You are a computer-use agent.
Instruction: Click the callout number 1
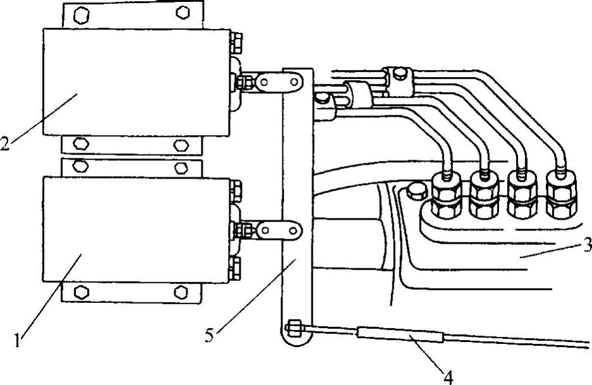click(x=20, y=341)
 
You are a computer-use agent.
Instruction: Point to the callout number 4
click(x=448, y=377)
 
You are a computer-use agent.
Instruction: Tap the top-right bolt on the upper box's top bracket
click(x=183, y=12)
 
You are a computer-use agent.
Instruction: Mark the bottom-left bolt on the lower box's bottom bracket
click(x=81, y=292)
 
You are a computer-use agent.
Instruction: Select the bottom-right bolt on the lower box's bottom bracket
click(x=181, y=292)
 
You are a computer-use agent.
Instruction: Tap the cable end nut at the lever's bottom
click(x=294, y=328)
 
